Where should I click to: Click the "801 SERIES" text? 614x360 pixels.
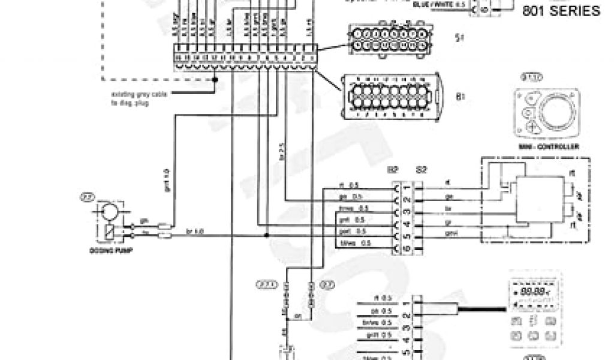click(x=561, y=11)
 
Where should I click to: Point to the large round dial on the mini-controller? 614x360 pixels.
click(x=554, y=112)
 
